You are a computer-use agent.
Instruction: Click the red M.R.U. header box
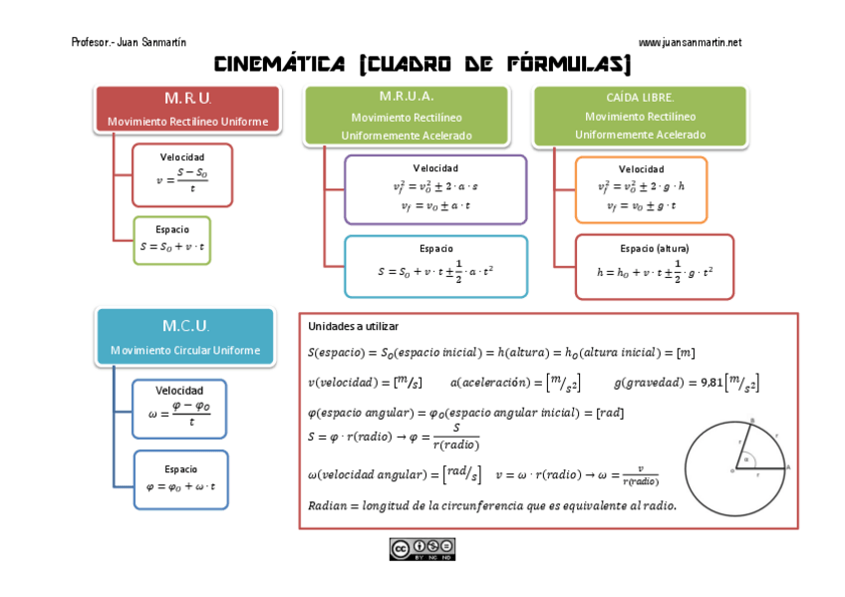(187, 109)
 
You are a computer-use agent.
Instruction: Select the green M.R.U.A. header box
(406, 116)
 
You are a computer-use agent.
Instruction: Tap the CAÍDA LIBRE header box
(640, 116)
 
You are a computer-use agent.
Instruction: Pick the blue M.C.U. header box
(185, 337)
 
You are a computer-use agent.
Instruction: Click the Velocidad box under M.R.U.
(182, 174)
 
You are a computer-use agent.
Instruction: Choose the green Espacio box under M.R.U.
(172, 240)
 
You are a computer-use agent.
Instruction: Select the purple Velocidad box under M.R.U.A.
(435, 188)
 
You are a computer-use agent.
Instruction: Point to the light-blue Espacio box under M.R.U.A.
(435, 266)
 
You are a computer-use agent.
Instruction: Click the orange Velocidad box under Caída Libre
(641, 188)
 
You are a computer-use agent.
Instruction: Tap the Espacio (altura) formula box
(654, 266)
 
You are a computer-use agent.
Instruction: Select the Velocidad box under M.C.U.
(179, 409)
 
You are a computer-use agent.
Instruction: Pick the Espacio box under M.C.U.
(180, 479)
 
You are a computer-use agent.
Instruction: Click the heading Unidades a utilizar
(353, 326)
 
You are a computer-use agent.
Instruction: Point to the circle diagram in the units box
(735, 468)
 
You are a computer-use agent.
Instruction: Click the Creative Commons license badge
(422, 549)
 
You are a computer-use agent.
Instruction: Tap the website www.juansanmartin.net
(690, 43)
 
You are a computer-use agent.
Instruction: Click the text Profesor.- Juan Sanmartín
(129, 43)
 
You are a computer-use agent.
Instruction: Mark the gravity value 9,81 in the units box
(710, 382)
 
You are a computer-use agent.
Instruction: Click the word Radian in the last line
(328, 505)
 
